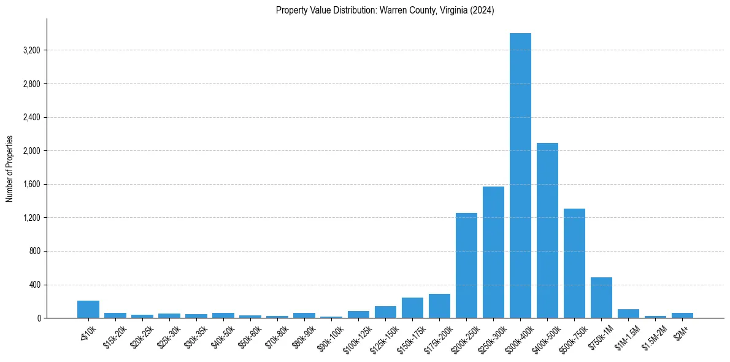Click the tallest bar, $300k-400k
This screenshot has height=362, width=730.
click(520, 175)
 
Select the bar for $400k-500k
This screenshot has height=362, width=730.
click(547, 230)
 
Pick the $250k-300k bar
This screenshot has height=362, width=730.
click(493, 252)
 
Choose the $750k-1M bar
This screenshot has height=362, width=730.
click(601, 298)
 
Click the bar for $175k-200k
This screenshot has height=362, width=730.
click(439, 306)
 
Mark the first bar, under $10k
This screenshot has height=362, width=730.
click(88, 309)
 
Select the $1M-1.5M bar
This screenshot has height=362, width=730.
click(628, 314)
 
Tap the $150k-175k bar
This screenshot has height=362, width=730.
click(412, 308)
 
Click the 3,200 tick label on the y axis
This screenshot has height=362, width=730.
click(31, 50)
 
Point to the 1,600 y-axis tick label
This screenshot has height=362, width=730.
click(31, 184)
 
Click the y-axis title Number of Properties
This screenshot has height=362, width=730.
click(10, 168)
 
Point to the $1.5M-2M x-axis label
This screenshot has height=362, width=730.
click(654, 337)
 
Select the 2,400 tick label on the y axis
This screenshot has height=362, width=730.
click(31, 117)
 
